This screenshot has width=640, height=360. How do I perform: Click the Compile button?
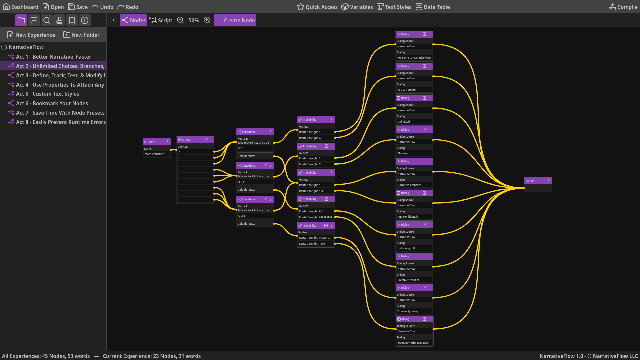click(623, 7)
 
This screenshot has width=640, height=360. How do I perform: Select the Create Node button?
click(235, 20)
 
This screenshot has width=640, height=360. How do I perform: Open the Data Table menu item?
click(433, 7)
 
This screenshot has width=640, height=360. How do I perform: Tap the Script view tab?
click(161, 20)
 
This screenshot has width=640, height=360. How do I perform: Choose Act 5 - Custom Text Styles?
click(47, 94)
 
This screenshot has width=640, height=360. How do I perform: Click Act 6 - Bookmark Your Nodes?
click(52, 103)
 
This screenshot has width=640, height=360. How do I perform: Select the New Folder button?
click(81, 35)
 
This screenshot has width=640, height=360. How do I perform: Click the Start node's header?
click(152, 142)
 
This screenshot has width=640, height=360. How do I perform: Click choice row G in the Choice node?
click(195, 188)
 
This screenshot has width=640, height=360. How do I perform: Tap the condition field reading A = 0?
click(255, 148)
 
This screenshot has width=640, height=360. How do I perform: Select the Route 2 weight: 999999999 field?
click(315, 217)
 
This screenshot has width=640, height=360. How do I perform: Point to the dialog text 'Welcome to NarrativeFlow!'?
click(414, 58)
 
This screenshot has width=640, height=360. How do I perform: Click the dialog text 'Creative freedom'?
click(414, 280)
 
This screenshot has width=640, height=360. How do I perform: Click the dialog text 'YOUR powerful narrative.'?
click(414, 343)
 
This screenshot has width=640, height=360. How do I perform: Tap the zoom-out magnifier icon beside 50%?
click(180, 20)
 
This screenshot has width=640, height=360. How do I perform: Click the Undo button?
click(103, 7)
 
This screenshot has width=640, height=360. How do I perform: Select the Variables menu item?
click(357, 7)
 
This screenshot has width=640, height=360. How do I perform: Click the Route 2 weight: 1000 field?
click(315, 244)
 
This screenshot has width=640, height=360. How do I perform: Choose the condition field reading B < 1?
click(255, 182)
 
